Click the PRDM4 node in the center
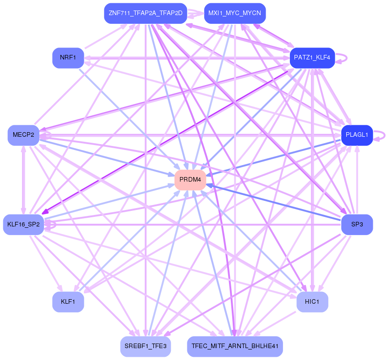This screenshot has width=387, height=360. pos(190,180)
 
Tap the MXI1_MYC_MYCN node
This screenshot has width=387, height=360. pos(234,13)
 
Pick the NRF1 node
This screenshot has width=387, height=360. pos(68,58)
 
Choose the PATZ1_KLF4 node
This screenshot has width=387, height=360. pos(312,58)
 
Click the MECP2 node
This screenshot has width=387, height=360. pos(23,135)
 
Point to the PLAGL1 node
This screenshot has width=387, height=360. pos(357,135)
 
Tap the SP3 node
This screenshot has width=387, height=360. pos(357,225)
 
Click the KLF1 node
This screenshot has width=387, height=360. pos(68,302)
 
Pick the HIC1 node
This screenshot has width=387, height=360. pos(312,302)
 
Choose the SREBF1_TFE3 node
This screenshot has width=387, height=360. pos(146,346)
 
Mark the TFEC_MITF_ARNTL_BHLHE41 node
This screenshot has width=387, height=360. pos(234,346)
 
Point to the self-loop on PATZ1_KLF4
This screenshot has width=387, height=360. pos(342,58)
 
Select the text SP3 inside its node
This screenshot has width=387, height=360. pos(357,225)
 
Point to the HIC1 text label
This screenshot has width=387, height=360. pos(312,302)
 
